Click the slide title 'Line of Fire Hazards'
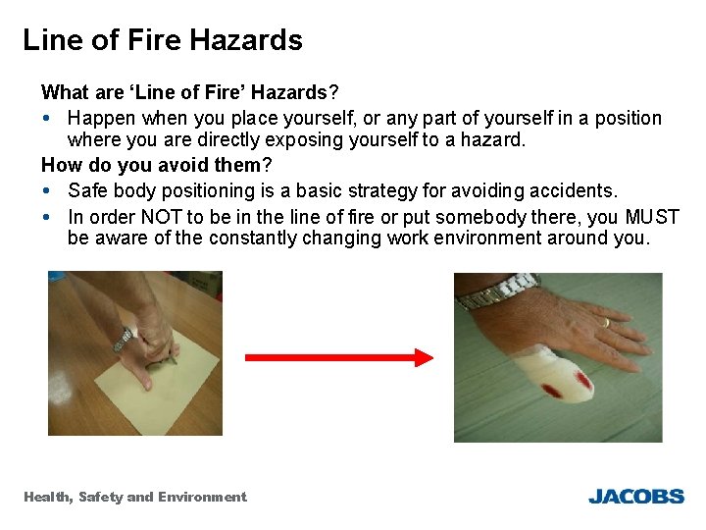click(163, 40)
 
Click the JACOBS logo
click(635, 497)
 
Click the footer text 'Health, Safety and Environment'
click(135, 497)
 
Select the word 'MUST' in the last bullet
click(651, 216)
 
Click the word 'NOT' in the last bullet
click(161, 216)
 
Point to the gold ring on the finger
click(605, 322)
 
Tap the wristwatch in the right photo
click(500, 292)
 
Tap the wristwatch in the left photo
click(124, 339)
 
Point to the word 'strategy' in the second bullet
click(372, 189)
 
